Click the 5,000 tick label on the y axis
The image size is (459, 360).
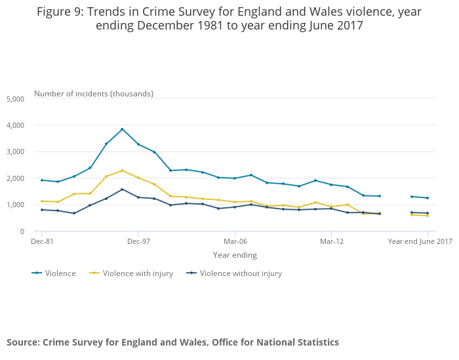coord(15,99)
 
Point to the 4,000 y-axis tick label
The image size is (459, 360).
coord(15,125)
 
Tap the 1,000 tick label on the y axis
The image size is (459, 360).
coord(15,205)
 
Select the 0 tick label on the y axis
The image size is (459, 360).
coord(21,232)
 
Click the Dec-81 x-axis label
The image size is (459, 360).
coord(41,241)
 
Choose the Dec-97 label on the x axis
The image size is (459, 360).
coord(138,241)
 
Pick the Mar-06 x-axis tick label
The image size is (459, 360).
coord(235,241)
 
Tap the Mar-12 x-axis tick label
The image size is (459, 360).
coord(331,241)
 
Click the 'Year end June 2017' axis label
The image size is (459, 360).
coord(420,241)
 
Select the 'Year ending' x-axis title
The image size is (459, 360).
coord(235,255)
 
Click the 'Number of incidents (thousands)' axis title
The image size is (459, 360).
coord(94,94)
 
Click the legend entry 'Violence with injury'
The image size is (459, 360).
coord(138,273)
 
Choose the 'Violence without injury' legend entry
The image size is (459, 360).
coord(241,273)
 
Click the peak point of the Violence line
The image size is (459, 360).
coord(122,129)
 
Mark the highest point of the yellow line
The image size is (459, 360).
coord(122,170)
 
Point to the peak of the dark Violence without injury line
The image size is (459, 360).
coord(122,190)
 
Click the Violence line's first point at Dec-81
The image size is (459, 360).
coord(41,180)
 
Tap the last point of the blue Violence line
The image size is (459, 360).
coord(428,198)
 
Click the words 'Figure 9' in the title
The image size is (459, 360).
coord(61,12)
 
